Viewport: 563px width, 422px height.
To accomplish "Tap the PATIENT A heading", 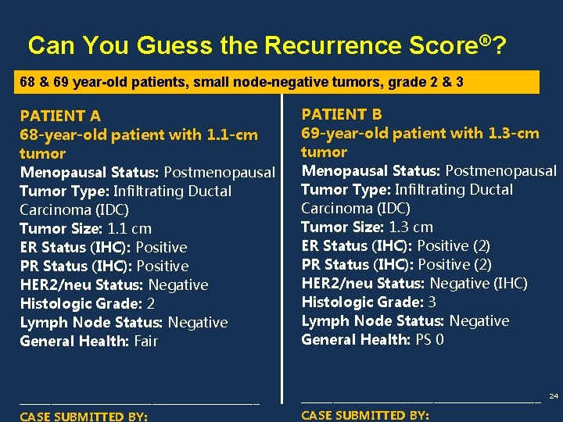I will click(x=60, y=116).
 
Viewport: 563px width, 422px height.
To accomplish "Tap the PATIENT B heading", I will click(x=342, y=114).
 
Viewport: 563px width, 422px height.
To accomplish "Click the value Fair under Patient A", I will click(x=145, y=341).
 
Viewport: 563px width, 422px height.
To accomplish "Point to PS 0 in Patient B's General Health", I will click(x=429, y=339).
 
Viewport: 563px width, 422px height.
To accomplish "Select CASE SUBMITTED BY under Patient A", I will click(x=84, y=417).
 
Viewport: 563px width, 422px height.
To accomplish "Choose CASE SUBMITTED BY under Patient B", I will click(x=365, y=415).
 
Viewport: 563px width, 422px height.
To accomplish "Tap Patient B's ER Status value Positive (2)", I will click(x=454, y=245).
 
